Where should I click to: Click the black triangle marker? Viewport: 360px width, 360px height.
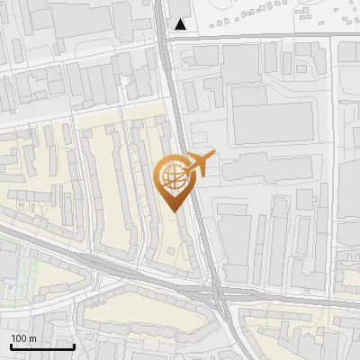click(182, 24)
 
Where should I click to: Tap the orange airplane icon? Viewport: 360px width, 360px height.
click(198, 164)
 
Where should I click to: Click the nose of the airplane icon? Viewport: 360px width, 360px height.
click(213, 157)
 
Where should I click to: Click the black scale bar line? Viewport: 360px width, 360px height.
click(42, 346)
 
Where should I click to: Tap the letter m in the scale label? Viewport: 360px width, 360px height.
click(33, 338)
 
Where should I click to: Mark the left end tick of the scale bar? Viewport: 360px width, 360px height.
click(11, 345)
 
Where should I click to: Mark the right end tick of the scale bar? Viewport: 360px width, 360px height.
click(74, 345)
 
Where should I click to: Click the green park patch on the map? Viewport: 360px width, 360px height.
click(18, 270)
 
